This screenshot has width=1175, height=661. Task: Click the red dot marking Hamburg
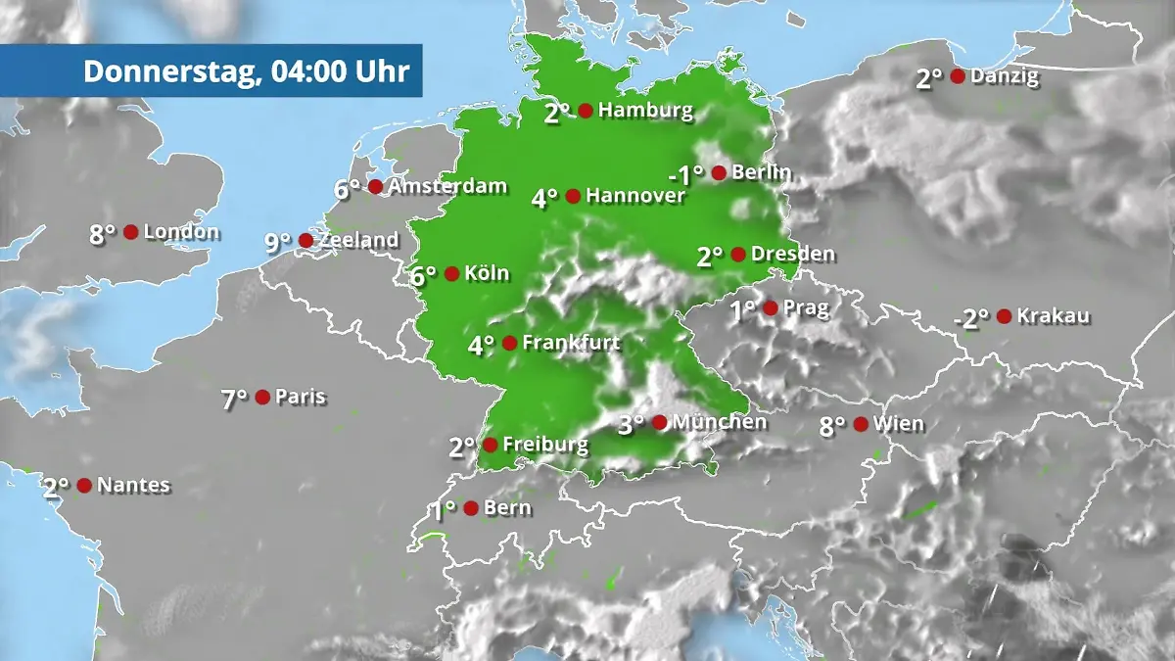point(586,111)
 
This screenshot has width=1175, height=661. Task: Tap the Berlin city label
point(761,173)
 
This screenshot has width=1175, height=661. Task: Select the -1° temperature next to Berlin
point(685,175)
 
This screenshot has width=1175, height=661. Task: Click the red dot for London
point(130,232)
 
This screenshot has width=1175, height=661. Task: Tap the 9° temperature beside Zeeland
point(278,242)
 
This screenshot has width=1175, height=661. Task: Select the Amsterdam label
point(447,186)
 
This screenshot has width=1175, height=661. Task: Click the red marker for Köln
point(451,274)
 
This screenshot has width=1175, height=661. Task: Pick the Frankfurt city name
point(571,343)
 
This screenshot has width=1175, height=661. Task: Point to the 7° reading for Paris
point(234,399)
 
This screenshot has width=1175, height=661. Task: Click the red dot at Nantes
point(84,486)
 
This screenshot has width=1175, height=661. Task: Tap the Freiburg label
point(545,445)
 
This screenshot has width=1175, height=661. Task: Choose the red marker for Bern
point(471,508)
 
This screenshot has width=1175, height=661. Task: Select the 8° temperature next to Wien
point(832,426)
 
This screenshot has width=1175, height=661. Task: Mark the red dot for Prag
point(771,308)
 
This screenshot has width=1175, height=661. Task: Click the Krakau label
point(1053,316)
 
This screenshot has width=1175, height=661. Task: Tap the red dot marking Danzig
point(958,76)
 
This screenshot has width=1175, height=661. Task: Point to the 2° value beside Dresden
point(710,257)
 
